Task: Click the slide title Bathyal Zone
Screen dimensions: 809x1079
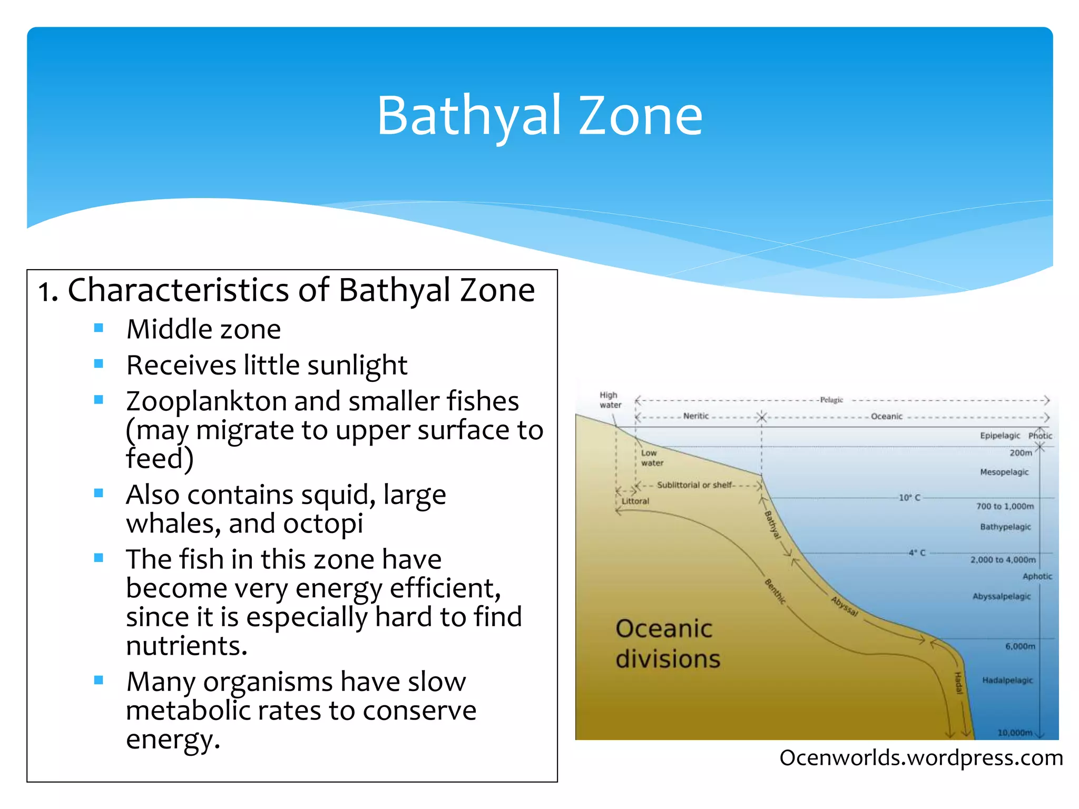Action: coord(539,116)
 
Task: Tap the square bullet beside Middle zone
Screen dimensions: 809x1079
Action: coord(99,328)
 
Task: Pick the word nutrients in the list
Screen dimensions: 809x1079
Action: coord(187,646)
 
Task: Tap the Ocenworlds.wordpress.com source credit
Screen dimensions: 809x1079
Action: coord(921,758)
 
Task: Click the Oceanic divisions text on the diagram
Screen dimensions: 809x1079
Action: coord(667,644)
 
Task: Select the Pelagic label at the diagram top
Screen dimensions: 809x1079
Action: coord(831,400)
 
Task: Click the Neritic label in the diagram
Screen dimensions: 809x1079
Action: coord(696,416)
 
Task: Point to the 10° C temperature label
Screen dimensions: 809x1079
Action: coord(909,498)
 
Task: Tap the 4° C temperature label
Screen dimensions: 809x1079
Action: coord(917,553)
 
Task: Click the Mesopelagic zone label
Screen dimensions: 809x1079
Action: coord(1004,472)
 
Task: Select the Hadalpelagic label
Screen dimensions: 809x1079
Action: coord(1007,680)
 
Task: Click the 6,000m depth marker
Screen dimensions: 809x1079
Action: coord(1019,646)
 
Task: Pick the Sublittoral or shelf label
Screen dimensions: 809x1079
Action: coord(694,485)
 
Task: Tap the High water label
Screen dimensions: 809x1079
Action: coord(610,400)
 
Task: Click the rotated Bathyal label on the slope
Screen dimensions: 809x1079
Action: coord(772,525)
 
